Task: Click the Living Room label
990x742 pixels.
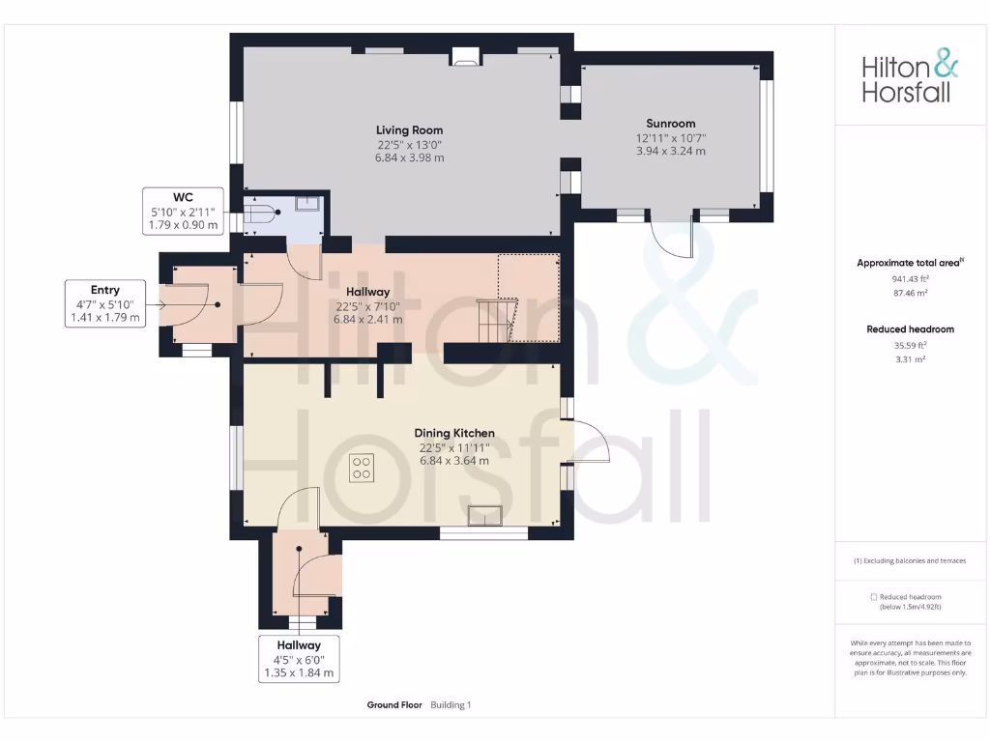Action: pos(410,129)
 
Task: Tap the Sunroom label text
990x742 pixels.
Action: pos(671,124)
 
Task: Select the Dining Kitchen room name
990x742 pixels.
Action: pos(454,434)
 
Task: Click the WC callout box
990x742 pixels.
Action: pos(183,211)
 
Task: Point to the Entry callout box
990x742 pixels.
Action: pos(105,303)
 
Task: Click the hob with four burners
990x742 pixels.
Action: pos(363,468)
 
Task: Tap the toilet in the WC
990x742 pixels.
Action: pos(262,213)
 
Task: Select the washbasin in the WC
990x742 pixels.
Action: pos(307,203)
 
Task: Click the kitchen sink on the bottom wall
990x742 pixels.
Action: pos(483,516)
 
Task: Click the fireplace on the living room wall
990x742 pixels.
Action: pos(466,59)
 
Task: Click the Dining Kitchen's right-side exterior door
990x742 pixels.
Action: pos(591,444)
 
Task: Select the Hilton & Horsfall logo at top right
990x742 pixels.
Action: pos(910,78)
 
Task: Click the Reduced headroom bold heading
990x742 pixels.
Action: pos(910,329)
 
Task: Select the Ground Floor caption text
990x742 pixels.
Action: pos(394,705)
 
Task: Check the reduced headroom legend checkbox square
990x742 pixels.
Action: pos(874,597)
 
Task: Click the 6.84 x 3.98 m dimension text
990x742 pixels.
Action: pos(410,158)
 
